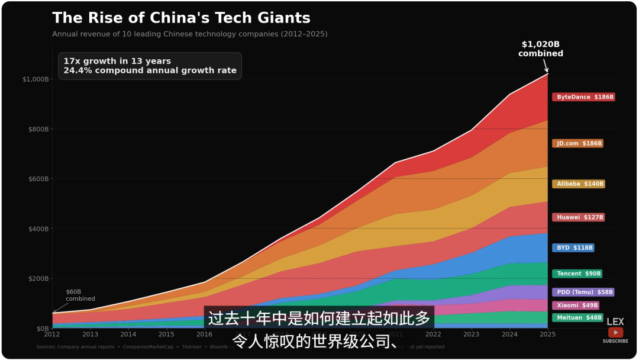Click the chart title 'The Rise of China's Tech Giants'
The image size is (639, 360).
(181, 18)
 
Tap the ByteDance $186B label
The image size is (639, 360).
(583, 97)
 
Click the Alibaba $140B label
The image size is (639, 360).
(579, 184)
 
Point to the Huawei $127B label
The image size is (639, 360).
(578, 217)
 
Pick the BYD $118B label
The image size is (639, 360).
(573, 248)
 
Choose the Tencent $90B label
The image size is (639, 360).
(577, 274)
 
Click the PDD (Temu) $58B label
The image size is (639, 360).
(583, 292)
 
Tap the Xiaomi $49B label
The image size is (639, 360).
(575, 306)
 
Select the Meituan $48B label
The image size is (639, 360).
(577, 318)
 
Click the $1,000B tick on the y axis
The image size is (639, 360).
(35, 79)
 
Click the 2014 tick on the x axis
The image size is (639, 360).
(128, 335)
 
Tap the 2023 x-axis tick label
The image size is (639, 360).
(472, 335)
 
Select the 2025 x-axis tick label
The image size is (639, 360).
(548, 335)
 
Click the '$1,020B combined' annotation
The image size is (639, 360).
(541, 49)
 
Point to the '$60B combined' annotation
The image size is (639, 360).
(80, 295)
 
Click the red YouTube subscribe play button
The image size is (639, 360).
(615, 332)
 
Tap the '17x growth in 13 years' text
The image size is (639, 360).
(117, 61)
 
